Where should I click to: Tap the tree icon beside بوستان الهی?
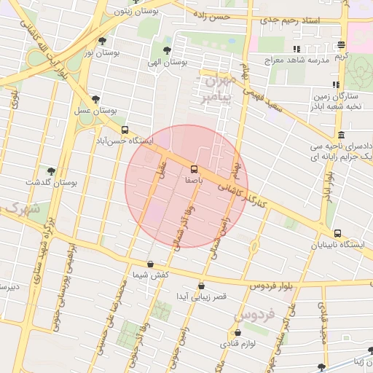(x=168, y=51)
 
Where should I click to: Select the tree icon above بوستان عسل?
(x=95, y=100)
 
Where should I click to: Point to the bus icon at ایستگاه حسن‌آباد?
(x=125, y=130)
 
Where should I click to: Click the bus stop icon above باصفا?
(x=193, y=168)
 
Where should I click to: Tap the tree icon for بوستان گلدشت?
(x=51, y=171)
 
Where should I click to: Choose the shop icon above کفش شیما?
(x=151, y=264)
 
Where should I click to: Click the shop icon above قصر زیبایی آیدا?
(x=201, y=286)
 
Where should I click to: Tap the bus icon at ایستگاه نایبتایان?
(x=337, y=234)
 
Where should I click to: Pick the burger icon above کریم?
(x=342, y=45)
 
